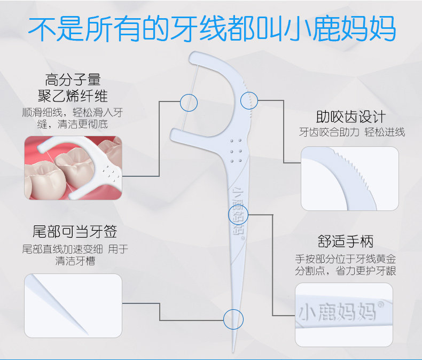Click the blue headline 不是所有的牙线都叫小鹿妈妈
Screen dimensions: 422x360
pyautogui.click(x=212, y=28)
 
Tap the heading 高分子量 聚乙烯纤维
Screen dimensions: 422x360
pyautogui.click(x=73, y=88)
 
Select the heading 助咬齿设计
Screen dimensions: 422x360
pyautogui.click(x=351, y=116)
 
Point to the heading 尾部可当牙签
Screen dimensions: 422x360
pyautogui.click(x=75, y=231)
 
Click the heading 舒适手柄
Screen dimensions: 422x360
pyautogui.click(x=346, y=241)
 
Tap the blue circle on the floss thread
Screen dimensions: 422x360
pyautogui.click(x=189, y=103)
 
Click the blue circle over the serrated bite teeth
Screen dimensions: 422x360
pyautogui.click(x=249, y=100)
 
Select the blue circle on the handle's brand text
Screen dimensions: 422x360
pyautogui.click(x=238, y=215)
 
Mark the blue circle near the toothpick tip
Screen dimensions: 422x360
pyautogui.click(x=233, y=319)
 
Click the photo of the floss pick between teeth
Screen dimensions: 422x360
pyautogui.click(x=73, y=168)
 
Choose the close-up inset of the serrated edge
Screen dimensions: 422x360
pyautogui.click(x=349, y=178)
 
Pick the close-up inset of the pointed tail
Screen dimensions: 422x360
pyautogui.click(x=73, y=306)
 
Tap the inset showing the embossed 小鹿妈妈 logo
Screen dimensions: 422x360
pyautogui.click(x=344, y=315)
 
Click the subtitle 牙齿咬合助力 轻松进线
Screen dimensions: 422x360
pyautogui.click(x=352, y=132)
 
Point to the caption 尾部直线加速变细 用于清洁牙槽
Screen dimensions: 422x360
pyautogui.click(x=75, y=255)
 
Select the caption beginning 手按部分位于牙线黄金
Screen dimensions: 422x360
pyautogui.click(x=346, y=265)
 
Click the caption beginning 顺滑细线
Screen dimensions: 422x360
pyautogui.click(x=73, y=118)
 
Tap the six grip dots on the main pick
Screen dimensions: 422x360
pyautogui.click(x=236, y=151)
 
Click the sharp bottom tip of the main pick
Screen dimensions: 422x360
pyautogui.click(x=233, y=351)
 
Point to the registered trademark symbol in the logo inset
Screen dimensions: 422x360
pyautogui.click(x=381, y=305)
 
